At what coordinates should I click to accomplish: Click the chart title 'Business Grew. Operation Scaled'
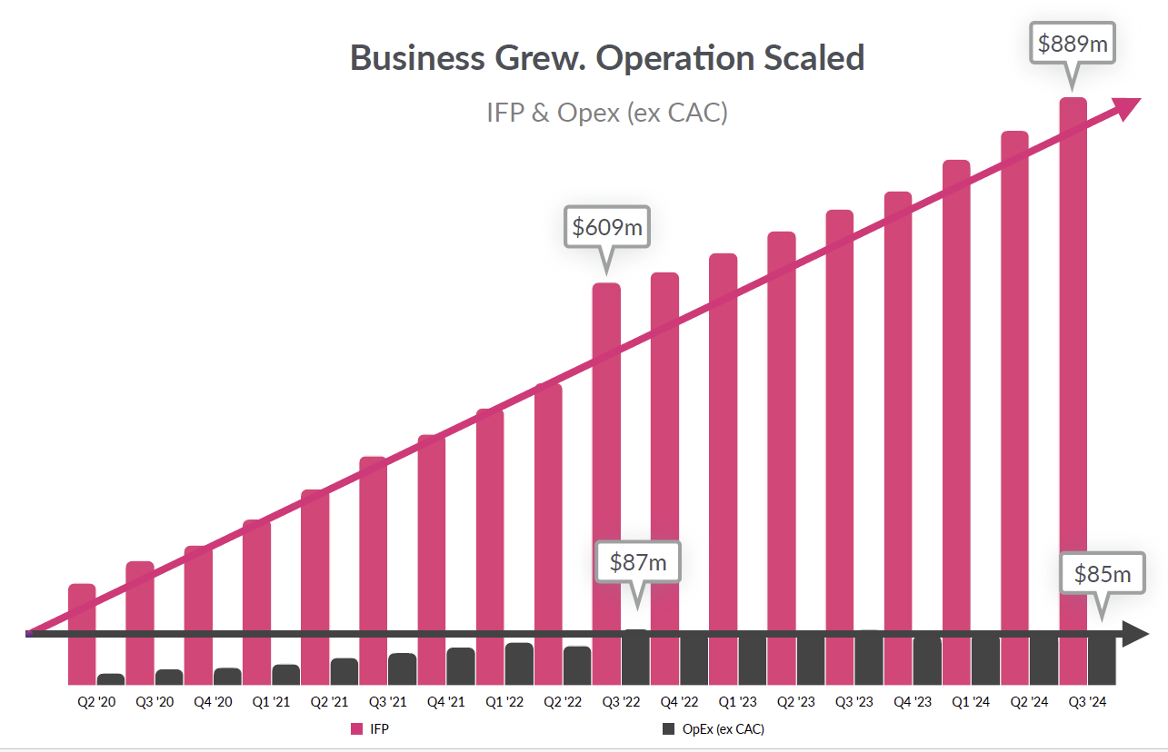click(607, 58)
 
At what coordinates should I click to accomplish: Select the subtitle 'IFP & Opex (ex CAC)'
click(607, 114)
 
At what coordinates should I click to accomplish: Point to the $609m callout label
click(607, 226)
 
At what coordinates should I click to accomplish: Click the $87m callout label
click(637, 563)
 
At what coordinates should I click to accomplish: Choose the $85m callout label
click(1103, 574)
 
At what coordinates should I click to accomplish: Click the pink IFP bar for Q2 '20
click(82, 636)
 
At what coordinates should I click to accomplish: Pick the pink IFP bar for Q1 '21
click(257, 599)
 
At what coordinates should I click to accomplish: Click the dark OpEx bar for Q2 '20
click(111, 679)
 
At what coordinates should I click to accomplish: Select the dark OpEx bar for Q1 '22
click(519, 664)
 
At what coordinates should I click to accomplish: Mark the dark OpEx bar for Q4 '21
click(461, 666)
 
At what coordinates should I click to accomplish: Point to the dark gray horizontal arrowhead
click(1135, 634)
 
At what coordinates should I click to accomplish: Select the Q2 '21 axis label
click(328, 702)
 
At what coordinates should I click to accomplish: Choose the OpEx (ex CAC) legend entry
click(714, 728)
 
